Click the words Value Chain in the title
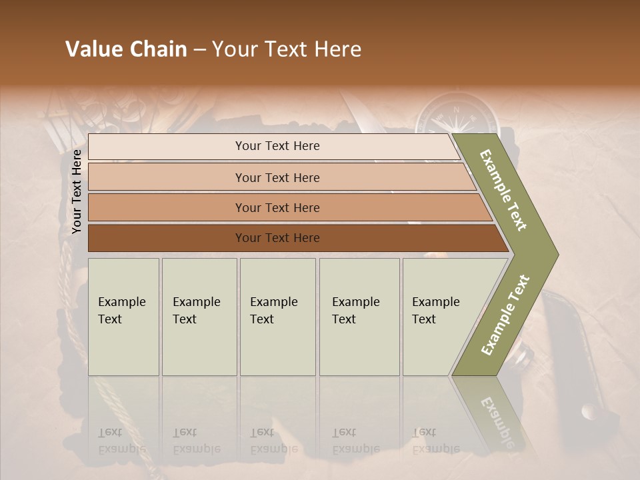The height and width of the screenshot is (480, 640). (x=126, y=49)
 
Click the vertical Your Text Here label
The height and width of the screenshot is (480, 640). (x=77, y=191)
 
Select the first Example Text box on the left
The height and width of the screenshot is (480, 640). (x=123, y=317)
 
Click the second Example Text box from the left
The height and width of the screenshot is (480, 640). (x=199, y=317)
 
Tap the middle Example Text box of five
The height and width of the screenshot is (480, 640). (x=277, y=317)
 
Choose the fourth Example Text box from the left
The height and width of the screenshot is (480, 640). (x=359, y=317)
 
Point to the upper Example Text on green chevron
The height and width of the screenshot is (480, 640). (x=503, y=191)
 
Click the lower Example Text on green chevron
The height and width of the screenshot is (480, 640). (x=505, y=315)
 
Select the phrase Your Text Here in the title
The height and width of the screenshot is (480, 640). (x=287, y=49)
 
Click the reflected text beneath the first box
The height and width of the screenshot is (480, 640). (x=121, y=441)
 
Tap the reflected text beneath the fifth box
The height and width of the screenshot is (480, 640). (x=435, y=441)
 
